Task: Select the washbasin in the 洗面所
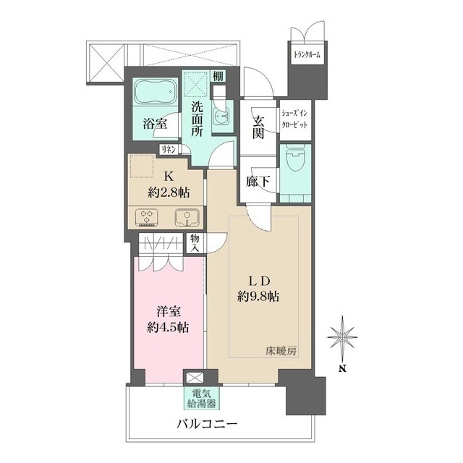coord(221,116)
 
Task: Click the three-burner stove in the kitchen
coord(147,218)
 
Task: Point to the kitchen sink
coord(187,218)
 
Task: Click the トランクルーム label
coord(307,55)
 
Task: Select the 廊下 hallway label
coord(258,182)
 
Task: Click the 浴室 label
coord(155,124)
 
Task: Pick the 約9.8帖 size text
coord(258,296)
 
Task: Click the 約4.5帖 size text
coord(169,327)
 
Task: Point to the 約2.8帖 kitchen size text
coord(169,192)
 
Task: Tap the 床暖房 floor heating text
coord(281,352)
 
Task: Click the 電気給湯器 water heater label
coord(202,398)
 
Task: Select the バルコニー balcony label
coord(207,425)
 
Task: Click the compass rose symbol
coord(342,338)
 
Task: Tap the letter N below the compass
coord(342,368)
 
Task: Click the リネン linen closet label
coord(168,150)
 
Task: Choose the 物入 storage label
coord(195,243)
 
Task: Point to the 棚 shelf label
coord(218,77)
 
